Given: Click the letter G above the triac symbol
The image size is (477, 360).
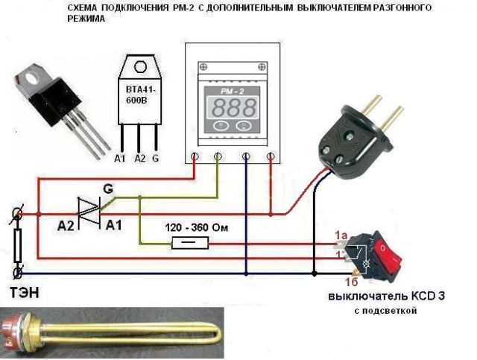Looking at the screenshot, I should tap(108, 189).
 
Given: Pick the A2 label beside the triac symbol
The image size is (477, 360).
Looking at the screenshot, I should tap(69, 224).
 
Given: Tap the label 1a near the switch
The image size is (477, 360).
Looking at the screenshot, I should tap(341, 236).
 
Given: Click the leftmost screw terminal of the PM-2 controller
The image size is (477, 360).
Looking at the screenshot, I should tap(195, 157).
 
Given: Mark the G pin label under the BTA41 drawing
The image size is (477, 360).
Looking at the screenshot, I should tap(156, 159).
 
